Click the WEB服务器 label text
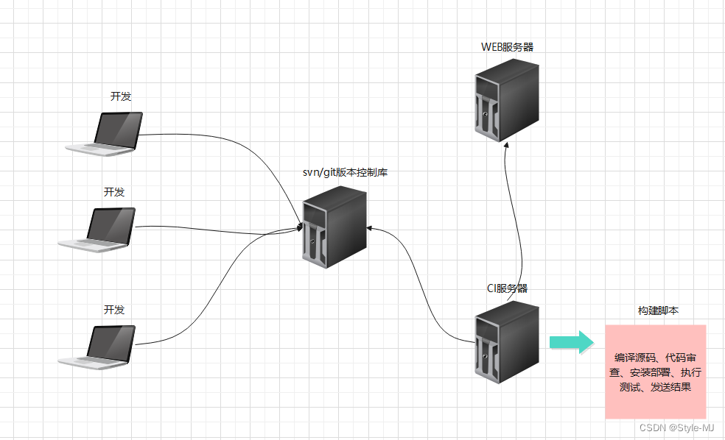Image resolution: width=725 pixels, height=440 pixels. pos(507,47)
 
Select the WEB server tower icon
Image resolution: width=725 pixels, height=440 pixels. pos(506,99)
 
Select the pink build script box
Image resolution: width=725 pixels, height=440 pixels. pos(655,372)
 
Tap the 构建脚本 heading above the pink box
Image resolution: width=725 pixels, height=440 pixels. pos(658,311)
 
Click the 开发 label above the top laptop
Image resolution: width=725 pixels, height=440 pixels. pos(121,96)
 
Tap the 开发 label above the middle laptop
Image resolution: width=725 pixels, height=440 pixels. pos(114,192)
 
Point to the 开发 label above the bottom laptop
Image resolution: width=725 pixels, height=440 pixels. pos(114,310)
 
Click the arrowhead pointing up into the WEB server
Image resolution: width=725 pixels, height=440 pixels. pos(507,147)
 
